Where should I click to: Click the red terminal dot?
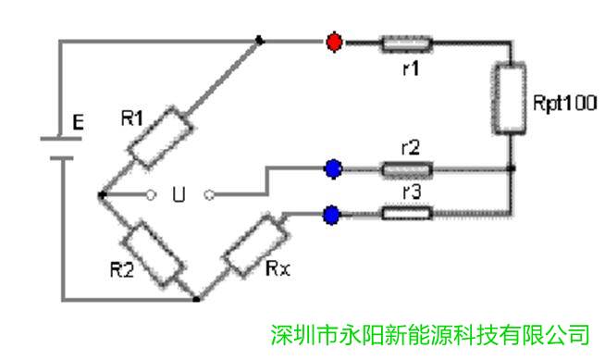tap(334, 42)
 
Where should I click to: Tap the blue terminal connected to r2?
tap(334, 168)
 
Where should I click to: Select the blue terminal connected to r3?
tap(332, 215)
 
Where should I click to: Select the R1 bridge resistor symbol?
tap(158, 137)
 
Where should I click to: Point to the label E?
tap(78, 121)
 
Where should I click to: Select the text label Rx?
tap(277, 270)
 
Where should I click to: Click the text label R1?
tap(132, 118)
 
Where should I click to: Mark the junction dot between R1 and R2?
tap(101, 194)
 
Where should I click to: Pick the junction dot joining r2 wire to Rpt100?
tap(511, 169)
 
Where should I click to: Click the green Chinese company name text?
tap(430, 332)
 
